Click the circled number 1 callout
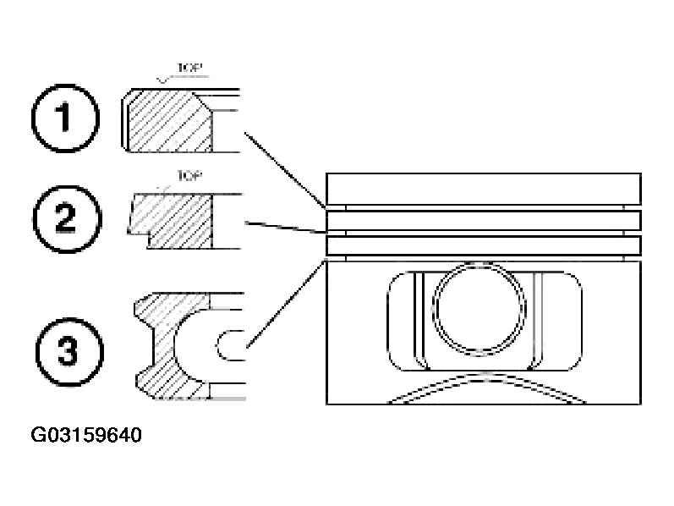click(x=65, y=118)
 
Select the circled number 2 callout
click(x=68, y=218)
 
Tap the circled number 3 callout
click(x=69, y=352)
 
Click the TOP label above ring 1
click(x=189, y=68)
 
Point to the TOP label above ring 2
click(x=189, y=175)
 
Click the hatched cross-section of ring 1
click(x=170, y=121)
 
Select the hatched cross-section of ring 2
click(x=172, y=220)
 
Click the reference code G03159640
click(x=86, y=435)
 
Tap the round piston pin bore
click(x=479, y=308)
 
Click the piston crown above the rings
click(x=484, y=189)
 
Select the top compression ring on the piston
click(x=484, y=220)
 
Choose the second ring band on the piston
click(x=484, y=245)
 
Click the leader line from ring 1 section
click(x=284, y=170)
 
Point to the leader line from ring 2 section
click(x=285, y=228)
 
